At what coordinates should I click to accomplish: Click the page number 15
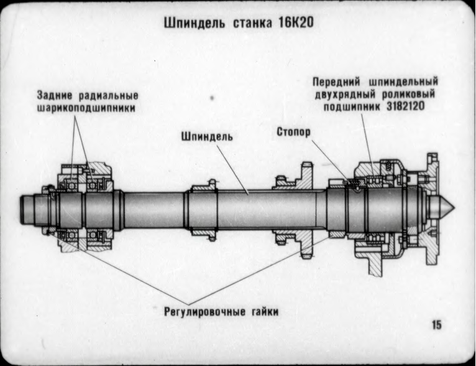click(x=437, y=324)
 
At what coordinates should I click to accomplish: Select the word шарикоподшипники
click(x=85, y=108)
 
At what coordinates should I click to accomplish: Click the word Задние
click(x=55, y=96)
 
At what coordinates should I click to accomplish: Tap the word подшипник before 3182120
click(x=350, y=106)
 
